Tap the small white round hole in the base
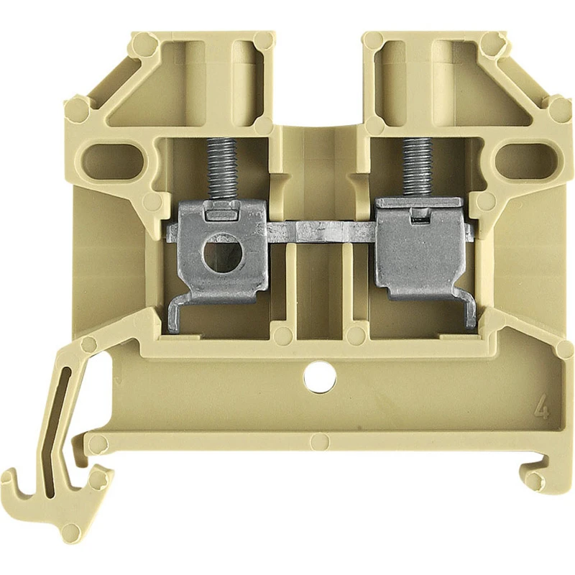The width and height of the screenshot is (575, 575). coord(320,377)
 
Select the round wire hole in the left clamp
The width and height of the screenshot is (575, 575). coord(221,254)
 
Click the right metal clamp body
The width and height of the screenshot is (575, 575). coord(420,249)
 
